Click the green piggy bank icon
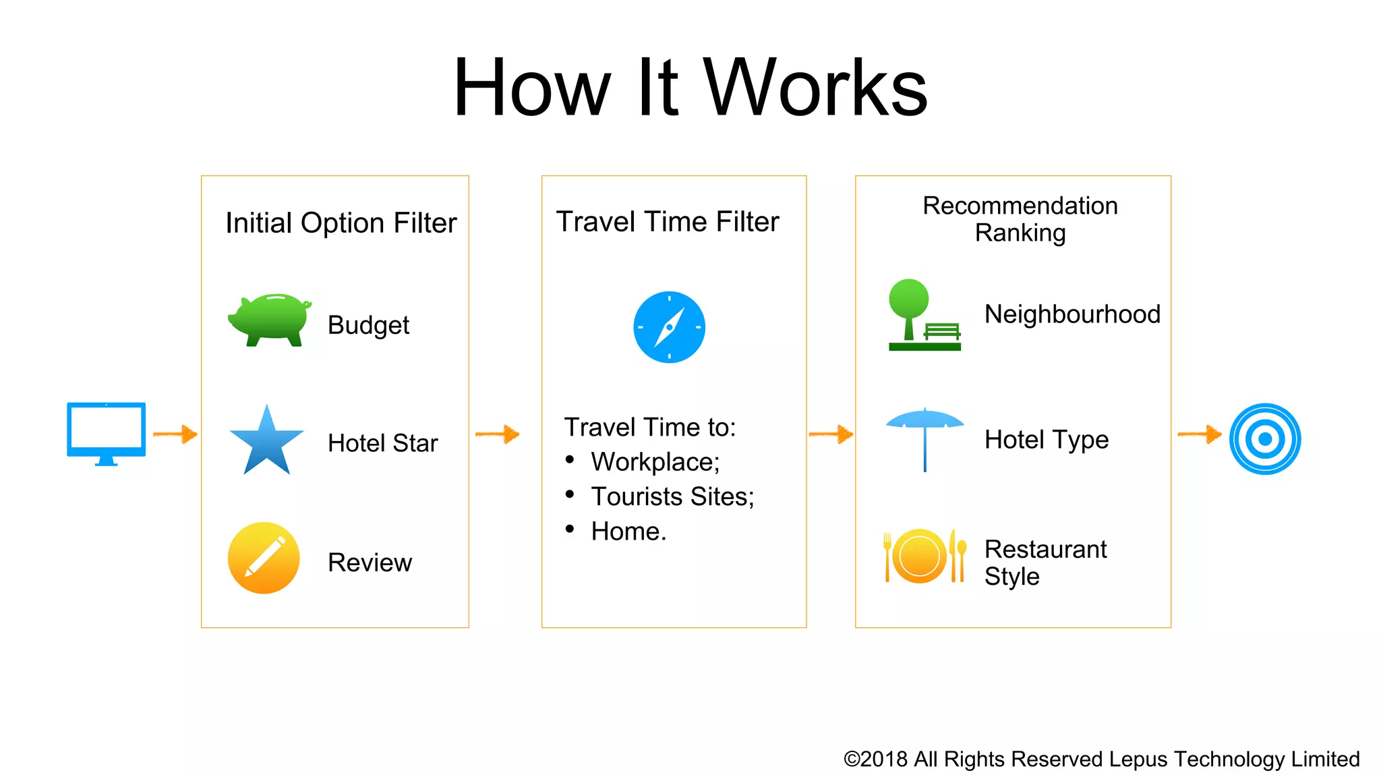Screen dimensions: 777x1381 270,319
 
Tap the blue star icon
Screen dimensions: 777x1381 267,442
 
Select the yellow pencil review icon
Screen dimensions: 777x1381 264,558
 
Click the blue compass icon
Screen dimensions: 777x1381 669,327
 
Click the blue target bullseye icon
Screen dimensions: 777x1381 1265,439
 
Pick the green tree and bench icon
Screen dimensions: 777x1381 924,315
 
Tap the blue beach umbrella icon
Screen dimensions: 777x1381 924,438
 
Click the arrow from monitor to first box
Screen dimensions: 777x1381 175,434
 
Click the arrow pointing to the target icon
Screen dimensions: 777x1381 1199,434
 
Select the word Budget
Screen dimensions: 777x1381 368,325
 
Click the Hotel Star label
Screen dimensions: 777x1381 382,443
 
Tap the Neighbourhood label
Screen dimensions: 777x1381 1072,314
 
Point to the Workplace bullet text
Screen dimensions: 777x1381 655,462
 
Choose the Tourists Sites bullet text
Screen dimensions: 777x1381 672,496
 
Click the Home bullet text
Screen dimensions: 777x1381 628,531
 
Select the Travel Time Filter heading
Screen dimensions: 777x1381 668,222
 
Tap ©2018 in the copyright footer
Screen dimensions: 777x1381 875,759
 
